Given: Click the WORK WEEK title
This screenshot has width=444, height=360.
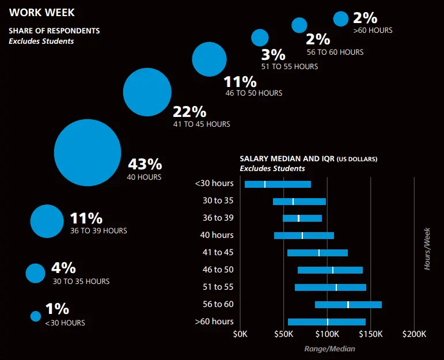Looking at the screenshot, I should click(42, 12).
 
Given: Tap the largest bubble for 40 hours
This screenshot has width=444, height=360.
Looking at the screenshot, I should click(87, 153).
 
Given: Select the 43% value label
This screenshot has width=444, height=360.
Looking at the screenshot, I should click(145, 165).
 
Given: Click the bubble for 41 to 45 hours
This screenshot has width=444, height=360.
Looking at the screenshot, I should click(147, 92).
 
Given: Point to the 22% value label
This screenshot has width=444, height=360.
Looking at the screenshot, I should click(189, 111).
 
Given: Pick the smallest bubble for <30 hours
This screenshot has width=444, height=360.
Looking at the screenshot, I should click(36, 316).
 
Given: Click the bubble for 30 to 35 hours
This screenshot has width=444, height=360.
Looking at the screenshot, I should click(35, 273).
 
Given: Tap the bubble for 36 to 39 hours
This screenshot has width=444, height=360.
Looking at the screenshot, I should click(46, 221).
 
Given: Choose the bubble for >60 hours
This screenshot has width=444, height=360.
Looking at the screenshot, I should click(341, 18).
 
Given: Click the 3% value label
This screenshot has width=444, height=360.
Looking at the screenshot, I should click(273, 55).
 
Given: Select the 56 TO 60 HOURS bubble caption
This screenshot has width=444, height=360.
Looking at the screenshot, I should click(335, 52).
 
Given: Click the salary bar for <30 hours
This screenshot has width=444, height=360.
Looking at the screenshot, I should click(278, 184).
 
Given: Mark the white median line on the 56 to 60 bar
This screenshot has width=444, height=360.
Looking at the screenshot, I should click(348, 305).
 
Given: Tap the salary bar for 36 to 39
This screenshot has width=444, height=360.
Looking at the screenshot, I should click(302, 218).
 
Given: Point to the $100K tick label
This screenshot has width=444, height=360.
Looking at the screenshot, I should click(327, 334).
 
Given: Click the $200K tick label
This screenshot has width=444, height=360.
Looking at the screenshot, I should click(414, 334).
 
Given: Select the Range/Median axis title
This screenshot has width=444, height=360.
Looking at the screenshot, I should click(329, 348).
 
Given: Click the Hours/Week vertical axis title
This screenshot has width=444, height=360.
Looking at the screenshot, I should click(427, 249).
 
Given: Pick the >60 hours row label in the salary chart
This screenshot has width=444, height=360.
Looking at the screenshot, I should click(214, 321).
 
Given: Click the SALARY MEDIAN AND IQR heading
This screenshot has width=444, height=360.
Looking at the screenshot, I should click(308, 158).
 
